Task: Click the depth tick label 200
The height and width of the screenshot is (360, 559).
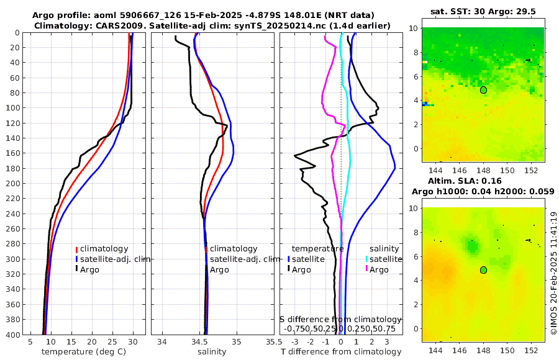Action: [12, 184]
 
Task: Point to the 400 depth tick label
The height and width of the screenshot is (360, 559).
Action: [12, 335]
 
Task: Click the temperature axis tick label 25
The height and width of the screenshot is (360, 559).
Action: [112, 342]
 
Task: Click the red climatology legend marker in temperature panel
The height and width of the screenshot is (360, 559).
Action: [77, 248]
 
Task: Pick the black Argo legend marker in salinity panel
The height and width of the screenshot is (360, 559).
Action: [206, 269]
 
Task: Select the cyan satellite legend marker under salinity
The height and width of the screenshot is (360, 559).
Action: [366, 259]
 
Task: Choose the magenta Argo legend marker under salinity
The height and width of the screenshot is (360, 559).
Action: [366, 269]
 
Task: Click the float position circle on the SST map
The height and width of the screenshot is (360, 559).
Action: [483, 90]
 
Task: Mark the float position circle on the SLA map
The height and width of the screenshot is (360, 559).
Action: [483, 270]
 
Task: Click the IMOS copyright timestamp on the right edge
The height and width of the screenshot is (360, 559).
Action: [553, 273]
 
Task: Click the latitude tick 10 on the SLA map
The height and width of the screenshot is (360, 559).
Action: [414, 208]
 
